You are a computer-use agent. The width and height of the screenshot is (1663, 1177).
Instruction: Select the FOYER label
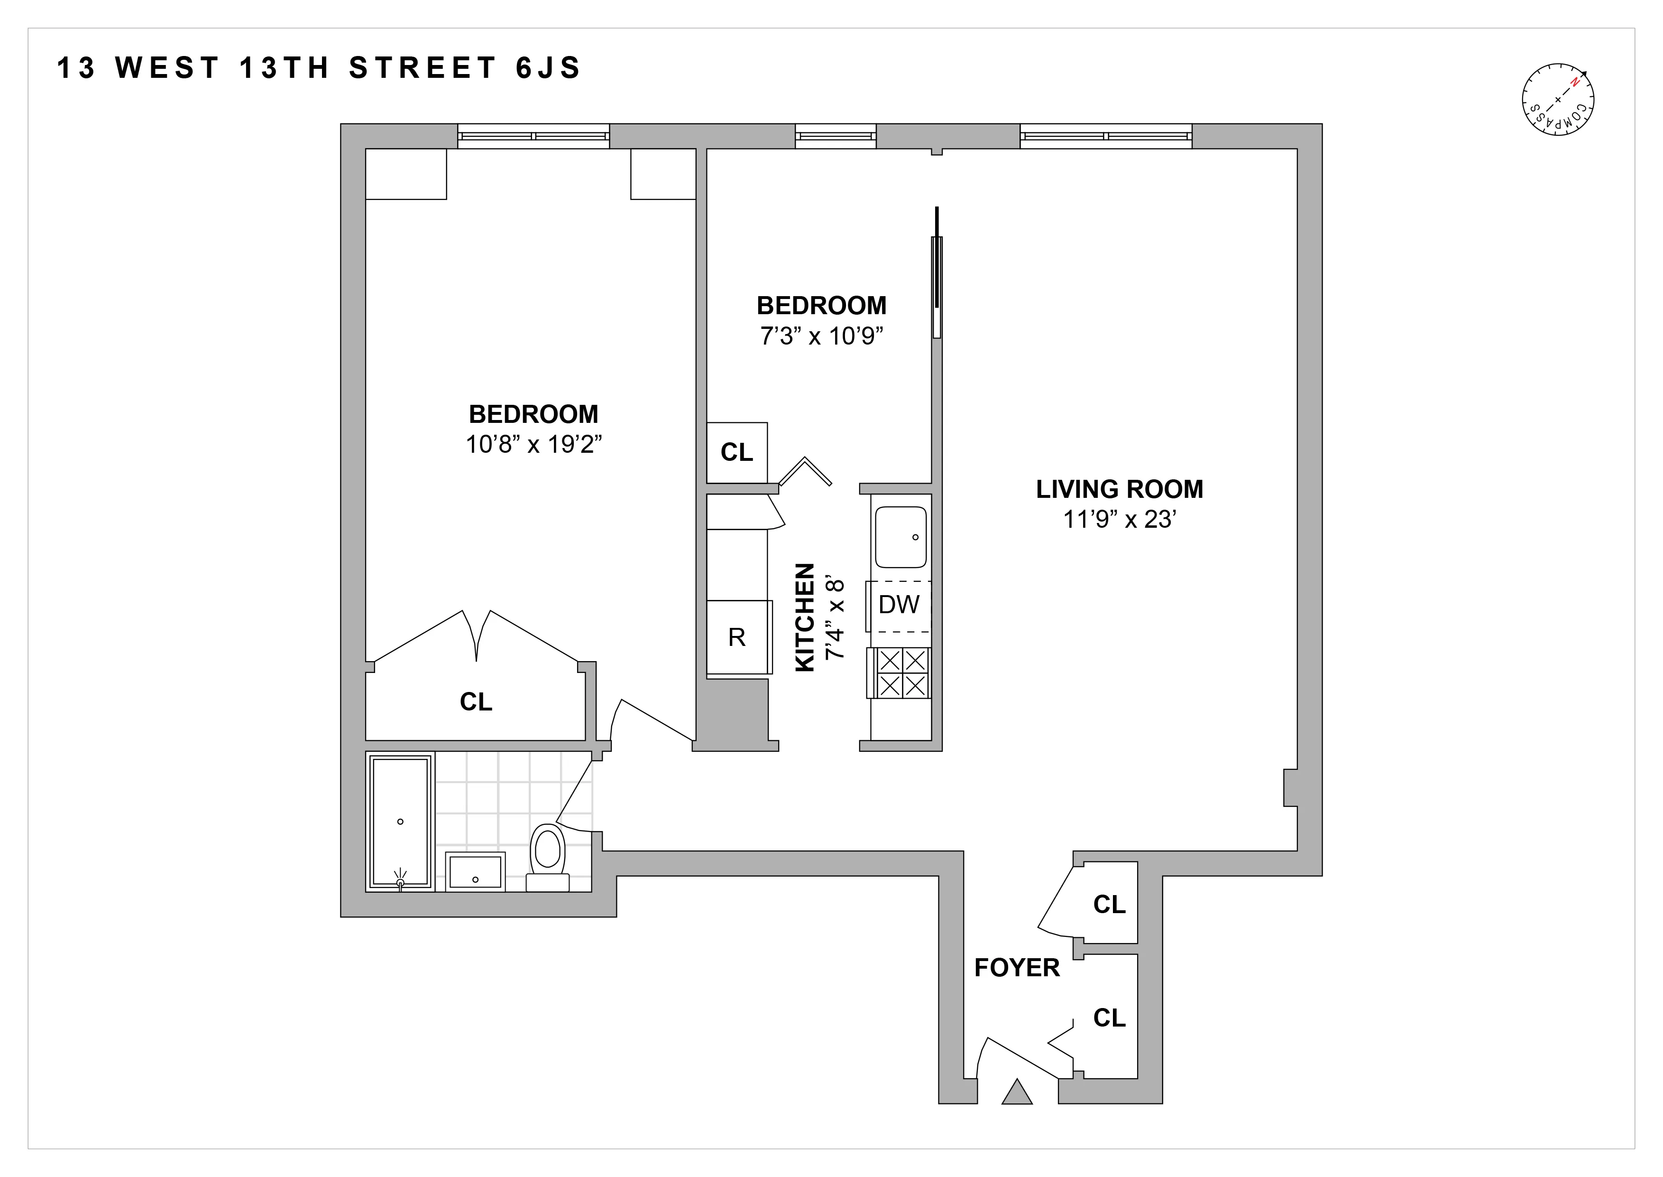[1017, 968]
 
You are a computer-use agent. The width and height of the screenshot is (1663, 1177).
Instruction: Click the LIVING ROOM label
[1119, 489]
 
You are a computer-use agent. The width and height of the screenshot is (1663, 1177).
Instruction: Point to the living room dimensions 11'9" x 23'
[1119, 520]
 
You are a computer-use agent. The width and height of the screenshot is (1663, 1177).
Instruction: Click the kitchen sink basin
[901, 537]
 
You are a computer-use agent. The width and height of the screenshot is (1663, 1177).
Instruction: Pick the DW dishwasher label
[899, 605]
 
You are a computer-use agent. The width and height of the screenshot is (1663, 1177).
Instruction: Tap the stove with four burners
[902, 673]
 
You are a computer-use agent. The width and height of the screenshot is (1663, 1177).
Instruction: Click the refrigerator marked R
[736, 637]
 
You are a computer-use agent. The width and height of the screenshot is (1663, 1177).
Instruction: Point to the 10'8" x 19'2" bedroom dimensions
[534, 444]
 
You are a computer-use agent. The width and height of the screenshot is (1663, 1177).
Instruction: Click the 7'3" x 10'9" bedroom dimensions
[821, 336]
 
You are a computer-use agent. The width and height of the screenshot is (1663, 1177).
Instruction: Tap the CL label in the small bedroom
[736, 452]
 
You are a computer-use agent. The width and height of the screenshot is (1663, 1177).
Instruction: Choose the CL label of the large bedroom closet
[476, 701]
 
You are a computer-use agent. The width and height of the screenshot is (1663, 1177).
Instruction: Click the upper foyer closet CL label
[1109, 905]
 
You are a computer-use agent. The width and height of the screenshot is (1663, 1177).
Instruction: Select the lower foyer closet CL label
[1109, 1018]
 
